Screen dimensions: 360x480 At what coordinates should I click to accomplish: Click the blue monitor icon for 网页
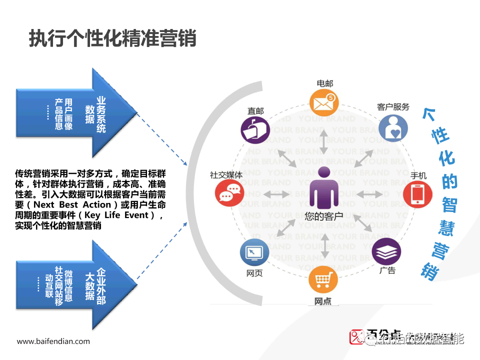pyautogui.click(x=254, y=253)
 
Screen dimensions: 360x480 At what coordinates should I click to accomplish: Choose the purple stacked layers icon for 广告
pyautogui.click(x=386, y=251)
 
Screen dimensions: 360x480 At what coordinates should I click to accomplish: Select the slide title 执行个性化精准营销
pyautogui.click(x=112, y=38)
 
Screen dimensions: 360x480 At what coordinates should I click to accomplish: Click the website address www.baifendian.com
pyautogui.click(x=53, y=341)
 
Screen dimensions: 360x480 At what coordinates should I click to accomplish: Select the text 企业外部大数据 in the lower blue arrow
pyautogui.click(x=95, y=284)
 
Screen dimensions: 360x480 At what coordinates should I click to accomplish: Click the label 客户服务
pyautogui.click(x=393, y=107)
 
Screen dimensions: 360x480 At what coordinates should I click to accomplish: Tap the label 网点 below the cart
pyautogui.click(x=323, y=301)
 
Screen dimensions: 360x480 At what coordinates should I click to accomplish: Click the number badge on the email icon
pyautogui.click(x=331, y=97)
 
